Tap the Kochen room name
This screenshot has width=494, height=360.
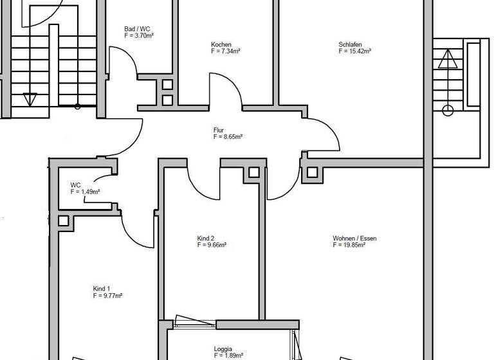[x=221, y=44]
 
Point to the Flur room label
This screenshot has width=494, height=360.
[x=219, y=130]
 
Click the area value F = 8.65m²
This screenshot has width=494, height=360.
[x=228, y=137]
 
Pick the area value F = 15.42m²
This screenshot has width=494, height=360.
[x=355, y=51]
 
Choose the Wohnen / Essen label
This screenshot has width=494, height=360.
[x=354, y=239]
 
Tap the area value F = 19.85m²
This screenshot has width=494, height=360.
[x=349, y=246]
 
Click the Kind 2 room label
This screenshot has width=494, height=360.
[x=206, y=238]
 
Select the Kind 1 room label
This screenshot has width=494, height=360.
[x=102, y=289]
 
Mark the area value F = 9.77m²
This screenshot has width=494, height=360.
[x=107, y=296]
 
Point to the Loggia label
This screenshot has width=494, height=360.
[x=223, y=349]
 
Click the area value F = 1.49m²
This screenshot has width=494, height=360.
[x=85, y=192]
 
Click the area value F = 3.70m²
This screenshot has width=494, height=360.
[x=139, y=36]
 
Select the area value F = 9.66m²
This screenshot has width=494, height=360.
[x=212, y=245]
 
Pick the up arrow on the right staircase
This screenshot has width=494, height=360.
[x=448, y=60]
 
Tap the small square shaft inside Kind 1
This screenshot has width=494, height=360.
[x=63, y=221]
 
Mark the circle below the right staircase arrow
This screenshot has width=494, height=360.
[x=448, y=111]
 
